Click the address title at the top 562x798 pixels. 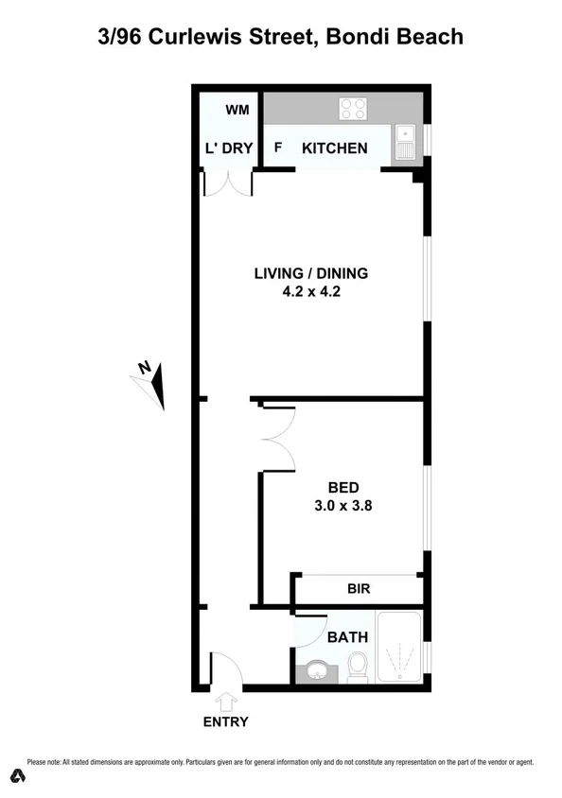pos(281,37)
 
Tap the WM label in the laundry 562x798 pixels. pos(237,110)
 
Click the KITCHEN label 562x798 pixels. pos(334,148)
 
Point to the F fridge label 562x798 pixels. pos(278,148)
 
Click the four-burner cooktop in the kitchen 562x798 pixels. pos(353,109)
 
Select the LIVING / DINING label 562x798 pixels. pos(310,274)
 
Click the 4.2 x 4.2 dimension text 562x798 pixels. pos(310,292)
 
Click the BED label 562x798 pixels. pos(342,488)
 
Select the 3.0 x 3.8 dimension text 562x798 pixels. pos(342,506)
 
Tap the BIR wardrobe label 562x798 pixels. pos(358,589)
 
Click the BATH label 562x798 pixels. pos(346,638)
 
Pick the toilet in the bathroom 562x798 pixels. pos(358,668)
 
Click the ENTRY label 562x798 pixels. pos(225,722)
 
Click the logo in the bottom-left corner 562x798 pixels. pos(16,776)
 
